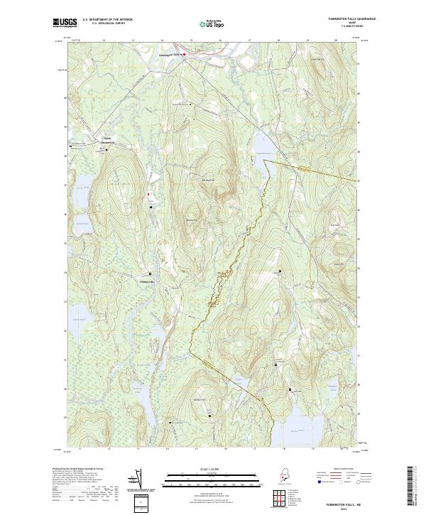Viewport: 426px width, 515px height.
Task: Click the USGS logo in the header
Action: pyautogui.click(x=65, y=23)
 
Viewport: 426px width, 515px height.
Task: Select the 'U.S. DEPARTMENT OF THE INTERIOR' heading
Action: pyautogui.click(x=107, y=19)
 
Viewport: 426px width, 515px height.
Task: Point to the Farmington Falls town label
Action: pyautogui.click(x=169, y=53)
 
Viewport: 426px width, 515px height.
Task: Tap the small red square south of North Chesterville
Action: pyautogui.click(x=148, y=194)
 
